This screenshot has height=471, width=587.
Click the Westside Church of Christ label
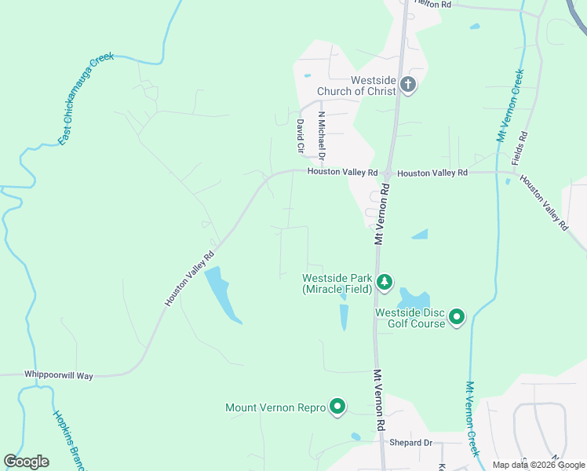point(356,86)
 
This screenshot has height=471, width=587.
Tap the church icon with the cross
point(407,85)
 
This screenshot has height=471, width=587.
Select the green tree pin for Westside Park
point(384,282)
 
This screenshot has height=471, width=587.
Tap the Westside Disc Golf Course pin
point(456,317)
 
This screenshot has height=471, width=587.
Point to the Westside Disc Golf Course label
point(410,318)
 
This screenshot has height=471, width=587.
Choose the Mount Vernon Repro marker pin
point(337,407)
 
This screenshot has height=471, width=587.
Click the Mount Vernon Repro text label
point(274,407)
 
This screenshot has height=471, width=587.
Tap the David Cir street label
point(300,135)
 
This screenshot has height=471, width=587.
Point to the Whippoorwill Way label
point(58,376)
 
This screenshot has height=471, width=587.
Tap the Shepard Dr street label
point(411,443)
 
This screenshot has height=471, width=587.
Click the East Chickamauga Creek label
point(86,99)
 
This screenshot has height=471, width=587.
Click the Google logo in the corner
point(26,461)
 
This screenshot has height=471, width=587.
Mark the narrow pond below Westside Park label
point(344,317)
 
